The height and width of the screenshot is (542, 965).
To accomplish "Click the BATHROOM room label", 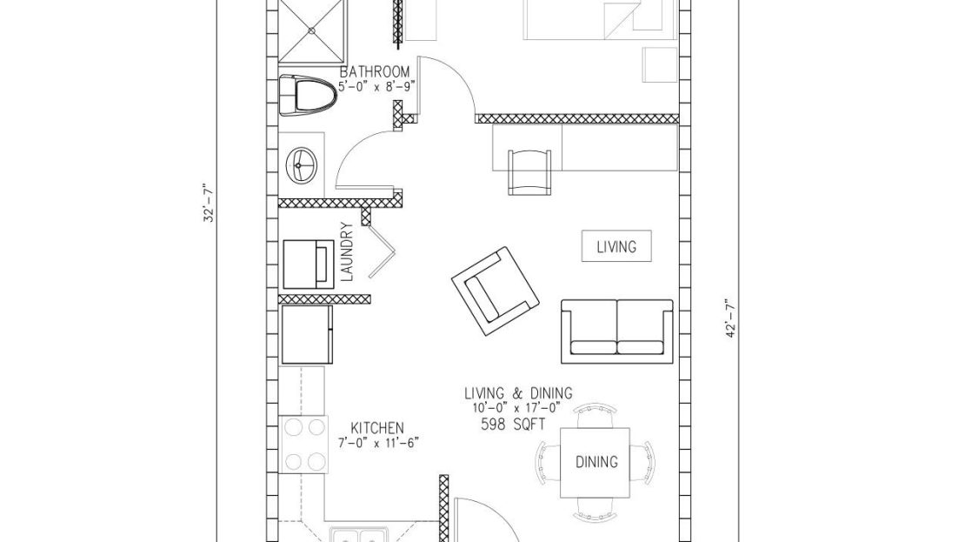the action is [x=375, y=72].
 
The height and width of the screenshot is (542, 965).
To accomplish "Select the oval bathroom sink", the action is [x=302, y=164].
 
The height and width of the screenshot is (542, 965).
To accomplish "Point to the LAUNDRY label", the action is [x=347, y=252].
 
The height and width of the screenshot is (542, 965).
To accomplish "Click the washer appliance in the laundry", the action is [x=309, y=264].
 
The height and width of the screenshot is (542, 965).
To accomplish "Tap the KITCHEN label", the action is [x=377, y=428].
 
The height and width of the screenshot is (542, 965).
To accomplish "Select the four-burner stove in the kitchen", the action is [x=303, y=445].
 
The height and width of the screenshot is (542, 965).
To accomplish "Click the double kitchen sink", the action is [x=359, y=535].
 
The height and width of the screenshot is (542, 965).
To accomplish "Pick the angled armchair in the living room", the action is [x=496, y=291].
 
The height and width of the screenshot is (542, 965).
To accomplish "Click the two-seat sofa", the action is [x=617, y=331].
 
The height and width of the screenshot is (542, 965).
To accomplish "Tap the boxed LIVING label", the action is [x=616, y=246].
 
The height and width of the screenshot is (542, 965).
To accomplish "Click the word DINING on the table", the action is [x=596, y=462].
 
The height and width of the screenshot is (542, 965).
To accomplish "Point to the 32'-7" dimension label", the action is [x=210, y=202].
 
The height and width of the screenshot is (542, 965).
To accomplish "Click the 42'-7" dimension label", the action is [x=731, y=318].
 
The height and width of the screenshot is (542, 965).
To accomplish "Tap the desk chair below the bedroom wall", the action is [x=530, y=172].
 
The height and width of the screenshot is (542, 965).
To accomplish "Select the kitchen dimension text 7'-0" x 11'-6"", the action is [x=378, y=442].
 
